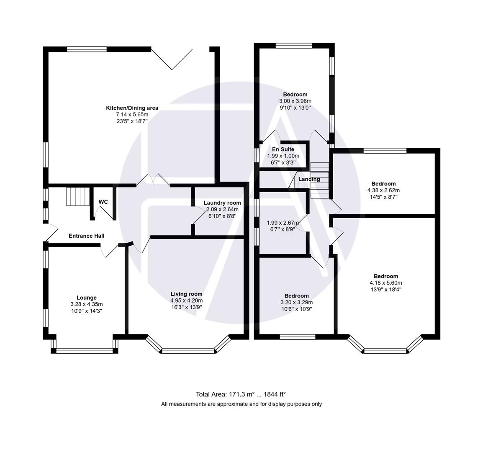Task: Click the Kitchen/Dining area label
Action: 132,108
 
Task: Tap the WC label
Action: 103,202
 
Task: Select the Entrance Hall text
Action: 86,236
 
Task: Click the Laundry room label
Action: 222,203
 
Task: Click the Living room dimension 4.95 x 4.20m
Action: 186,300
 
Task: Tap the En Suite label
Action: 283,149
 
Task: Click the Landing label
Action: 309,179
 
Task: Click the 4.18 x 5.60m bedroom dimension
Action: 385,282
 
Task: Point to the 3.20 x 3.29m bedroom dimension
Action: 296,302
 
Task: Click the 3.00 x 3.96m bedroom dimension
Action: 295,101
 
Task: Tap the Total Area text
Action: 241,394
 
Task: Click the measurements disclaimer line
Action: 241,404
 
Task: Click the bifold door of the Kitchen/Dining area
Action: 172,59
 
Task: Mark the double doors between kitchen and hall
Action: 153,180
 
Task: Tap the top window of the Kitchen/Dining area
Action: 87,49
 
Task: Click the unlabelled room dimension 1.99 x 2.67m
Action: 283,223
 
